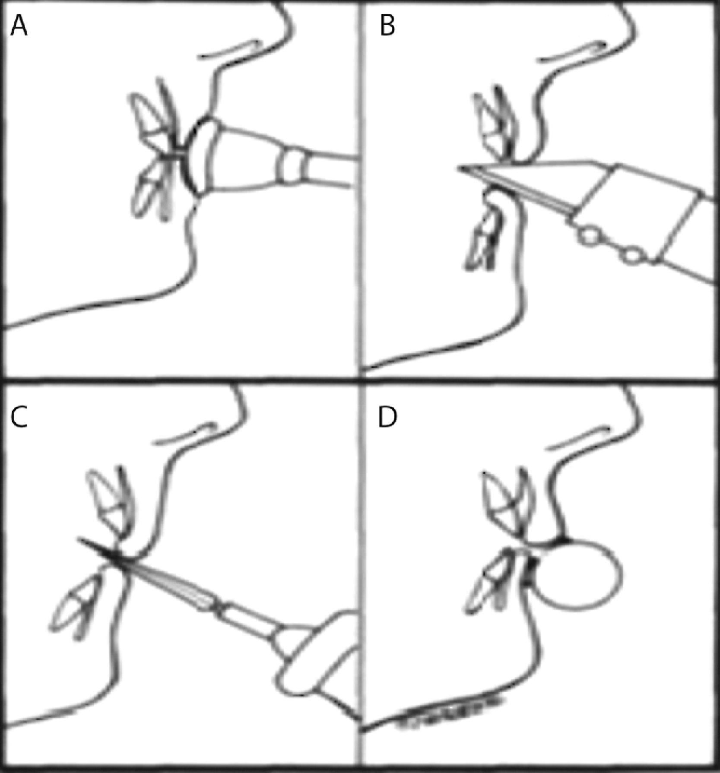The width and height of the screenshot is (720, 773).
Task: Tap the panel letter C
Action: [19, 417]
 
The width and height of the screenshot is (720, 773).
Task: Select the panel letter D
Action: [387, 417]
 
